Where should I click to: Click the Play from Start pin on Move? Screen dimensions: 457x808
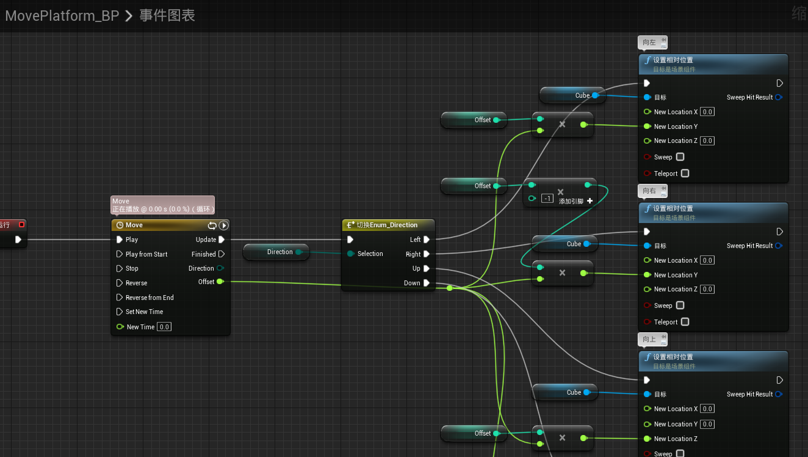coord(120,254)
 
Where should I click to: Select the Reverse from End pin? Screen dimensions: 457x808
coord(120,298)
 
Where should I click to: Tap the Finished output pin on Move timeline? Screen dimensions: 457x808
coord(222,254)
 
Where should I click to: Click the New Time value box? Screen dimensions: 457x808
coord(164,327)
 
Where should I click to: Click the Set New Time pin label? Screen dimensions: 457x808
coord(144,312)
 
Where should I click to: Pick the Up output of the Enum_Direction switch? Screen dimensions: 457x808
coord(427,268)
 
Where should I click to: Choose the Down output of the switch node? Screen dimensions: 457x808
coord(427,283)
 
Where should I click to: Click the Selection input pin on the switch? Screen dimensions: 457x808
coord(350,254)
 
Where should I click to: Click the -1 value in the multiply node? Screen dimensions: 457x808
coord(547,199)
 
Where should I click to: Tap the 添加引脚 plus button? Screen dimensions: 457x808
coord(590,201)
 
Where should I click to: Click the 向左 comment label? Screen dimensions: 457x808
coord(649,43)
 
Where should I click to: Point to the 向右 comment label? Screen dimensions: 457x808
coord(649,191)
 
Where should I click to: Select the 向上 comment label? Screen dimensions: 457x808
coord(649,339)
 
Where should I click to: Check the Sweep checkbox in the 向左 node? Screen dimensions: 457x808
coord(680,157)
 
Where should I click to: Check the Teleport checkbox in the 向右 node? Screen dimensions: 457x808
coord(685,322)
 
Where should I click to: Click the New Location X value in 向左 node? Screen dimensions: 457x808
coord(707,112)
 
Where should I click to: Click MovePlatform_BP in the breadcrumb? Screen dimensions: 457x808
coord(62,16)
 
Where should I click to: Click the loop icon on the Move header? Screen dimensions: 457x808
coord(212,225)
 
